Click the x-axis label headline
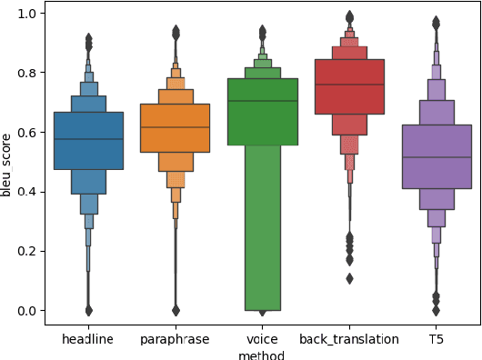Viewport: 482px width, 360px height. [x=88, y=339]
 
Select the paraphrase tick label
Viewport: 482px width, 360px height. [x=176, y=339]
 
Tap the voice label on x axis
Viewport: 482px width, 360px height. [x=263, y=339]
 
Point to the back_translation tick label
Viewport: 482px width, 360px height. [x=349, y=339]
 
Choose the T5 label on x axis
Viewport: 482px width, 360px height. [x=437, y=339]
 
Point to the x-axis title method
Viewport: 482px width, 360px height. [x=262, y=355]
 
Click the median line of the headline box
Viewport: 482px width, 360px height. [x=88, y=139]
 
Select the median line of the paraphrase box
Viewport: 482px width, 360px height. [x=176, y=127]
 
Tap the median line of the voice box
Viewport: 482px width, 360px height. [x=263, y=101]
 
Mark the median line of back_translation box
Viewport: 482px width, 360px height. [x=349, y=85]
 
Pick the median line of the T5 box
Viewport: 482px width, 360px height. [x=437, y=157]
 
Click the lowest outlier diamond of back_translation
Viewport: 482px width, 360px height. [x=349, y=278]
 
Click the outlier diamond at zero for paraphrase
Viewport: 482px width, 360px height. [x=176, y=310]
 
